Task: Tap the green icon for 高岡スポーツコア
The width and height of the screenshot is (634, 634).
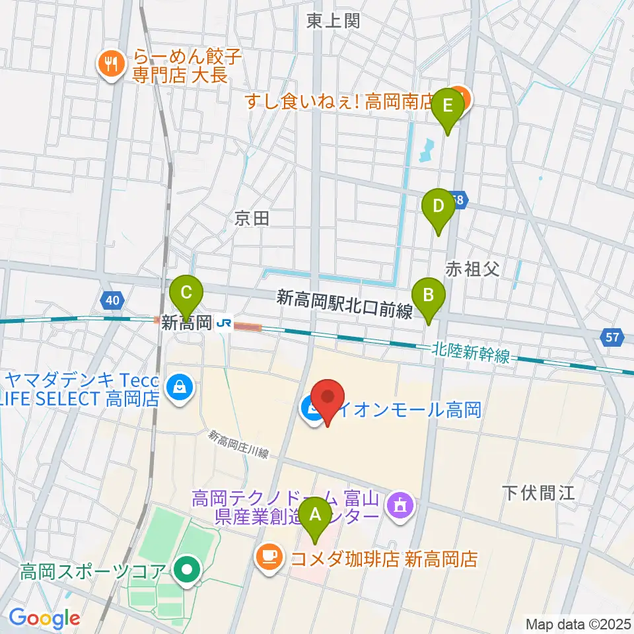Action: click(188, 569)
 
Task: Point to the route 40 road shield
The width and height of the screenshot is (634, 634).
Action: click(112, 301)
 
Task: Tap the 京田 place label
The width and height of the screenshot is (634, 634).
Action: click(252, 219)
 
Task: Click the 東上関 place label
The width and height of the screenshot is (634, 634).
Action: click(333, 21)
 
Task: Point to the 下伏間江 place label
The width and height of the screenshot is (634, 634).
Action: click(530, 492)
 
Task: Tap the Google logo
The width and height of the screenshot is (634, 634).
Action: click(44, 617)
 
